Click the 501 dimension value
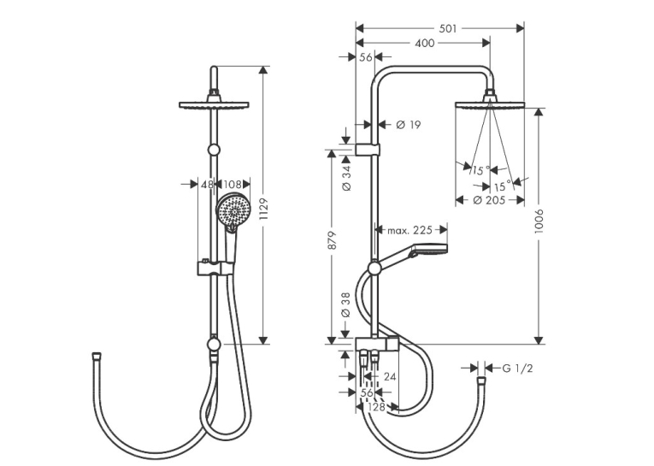click(447, 28)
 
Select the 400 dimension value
click(425, 43)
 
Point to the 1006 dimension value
click(539, 221)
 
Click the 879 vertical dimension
click(332, 240)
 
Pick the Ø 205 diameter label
click(490, 200)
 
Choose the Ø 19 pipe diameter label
click(409, 124)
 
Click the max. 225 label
click(409, 230)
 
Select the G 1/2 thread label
click(517, 369)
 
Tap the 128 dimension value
click(377, 407)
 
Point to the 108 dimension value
click(233, 184)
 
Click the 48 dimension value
click(207, 184)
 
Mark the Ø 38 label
click(346, 305)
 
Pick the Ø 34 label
click(346, 178)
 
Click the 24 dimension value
click(390, 377)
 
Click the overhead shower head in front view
click(214, 104)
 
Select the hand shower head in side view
click(430, 248)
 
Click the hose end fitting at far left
click(96, 357)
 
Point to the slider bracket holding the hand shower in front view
click(215, 268)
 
